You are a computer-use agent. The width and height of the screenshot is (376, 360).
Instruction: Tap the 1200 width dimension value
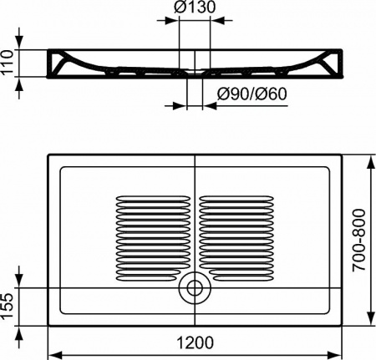click(x=194, y=342)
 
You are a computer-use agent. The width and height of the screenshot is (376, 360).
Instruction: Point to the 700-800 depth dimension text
click(x=358, y=237)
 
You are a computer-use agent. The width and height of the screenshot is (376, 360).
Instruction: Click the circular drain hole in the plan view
click(x=196, y=288)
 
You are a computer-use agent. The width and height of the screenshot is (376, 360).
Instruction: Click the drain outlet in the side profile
click(x=194, y=79)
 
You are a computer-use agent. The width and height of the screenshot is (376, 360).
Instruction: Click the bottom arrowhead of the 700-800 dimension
click(x=368, y=317)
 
